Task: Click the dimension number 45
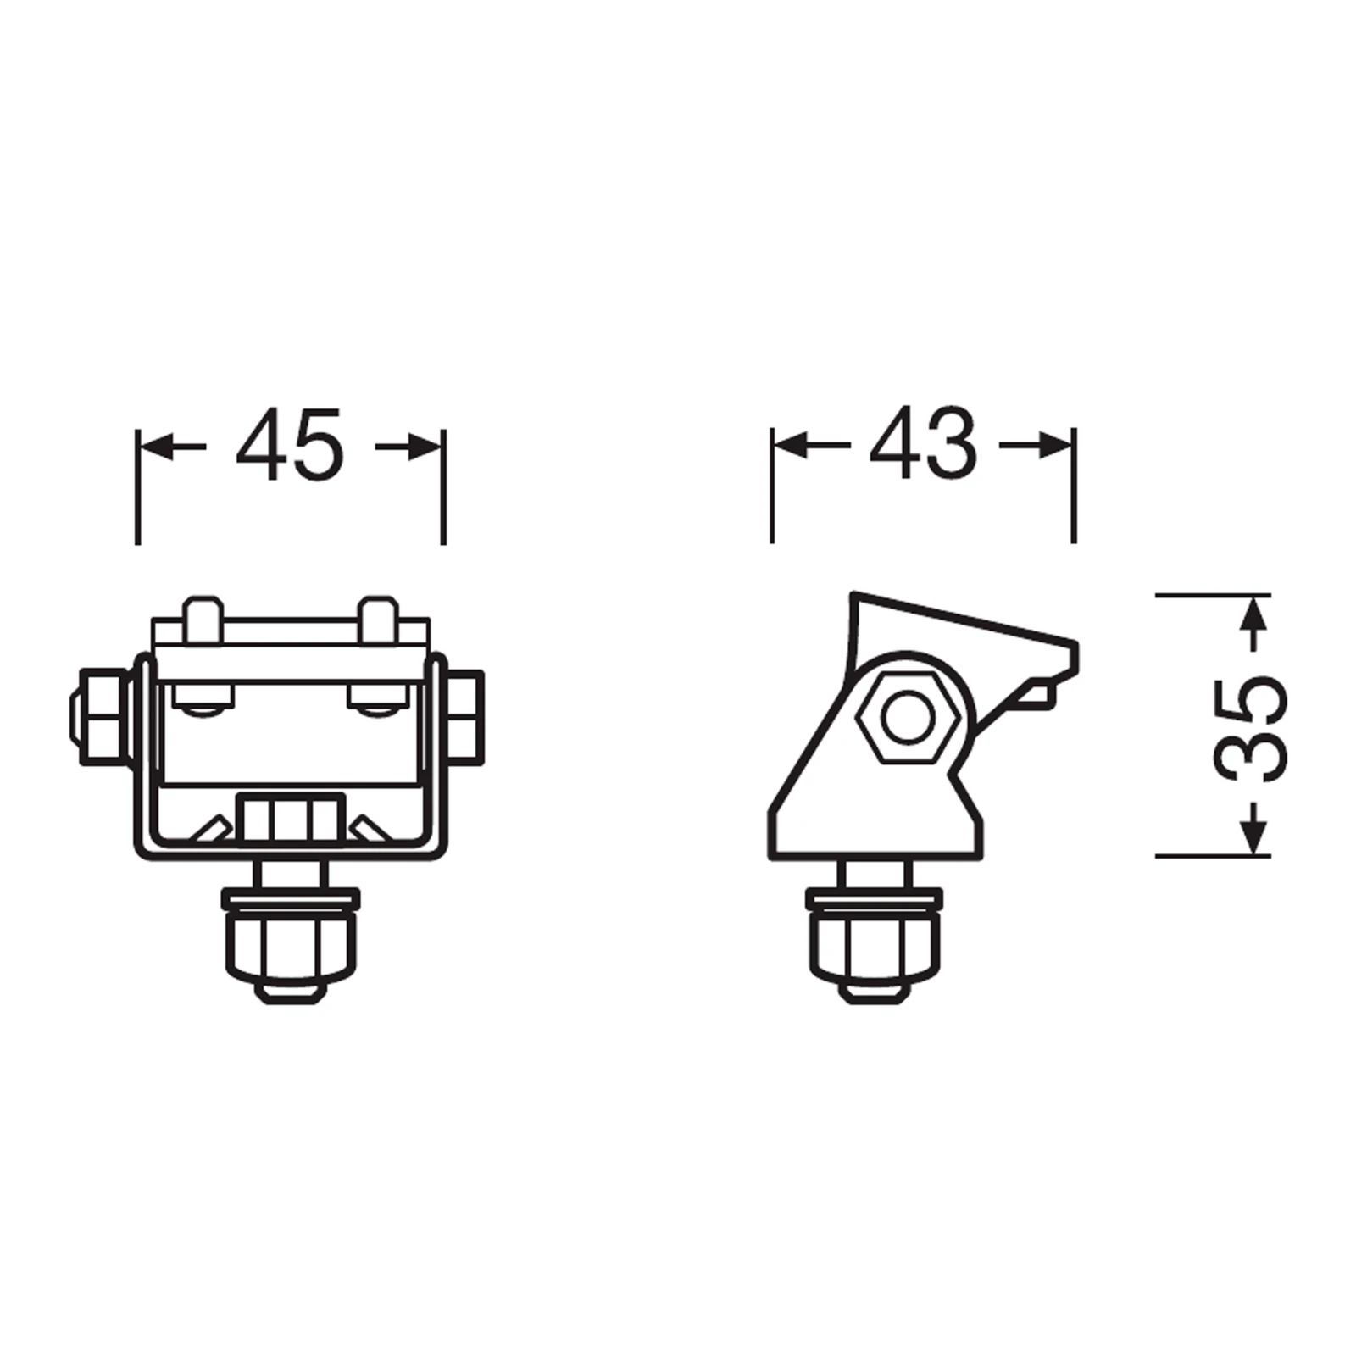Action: (x=290, y=446)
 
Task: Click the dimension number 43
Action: (x=923, y=443)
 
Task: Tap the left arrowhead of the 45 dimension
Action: (x=156, y=447)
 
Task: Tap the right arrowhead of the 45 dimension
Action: (x=425, y=447)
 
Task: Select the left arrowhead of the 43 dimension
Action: (x=790, y=444)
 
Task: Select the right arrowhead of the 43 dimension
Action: (x=1057, y=444)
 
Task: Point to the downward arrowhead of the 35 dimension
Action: (x=1255, y=838)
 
